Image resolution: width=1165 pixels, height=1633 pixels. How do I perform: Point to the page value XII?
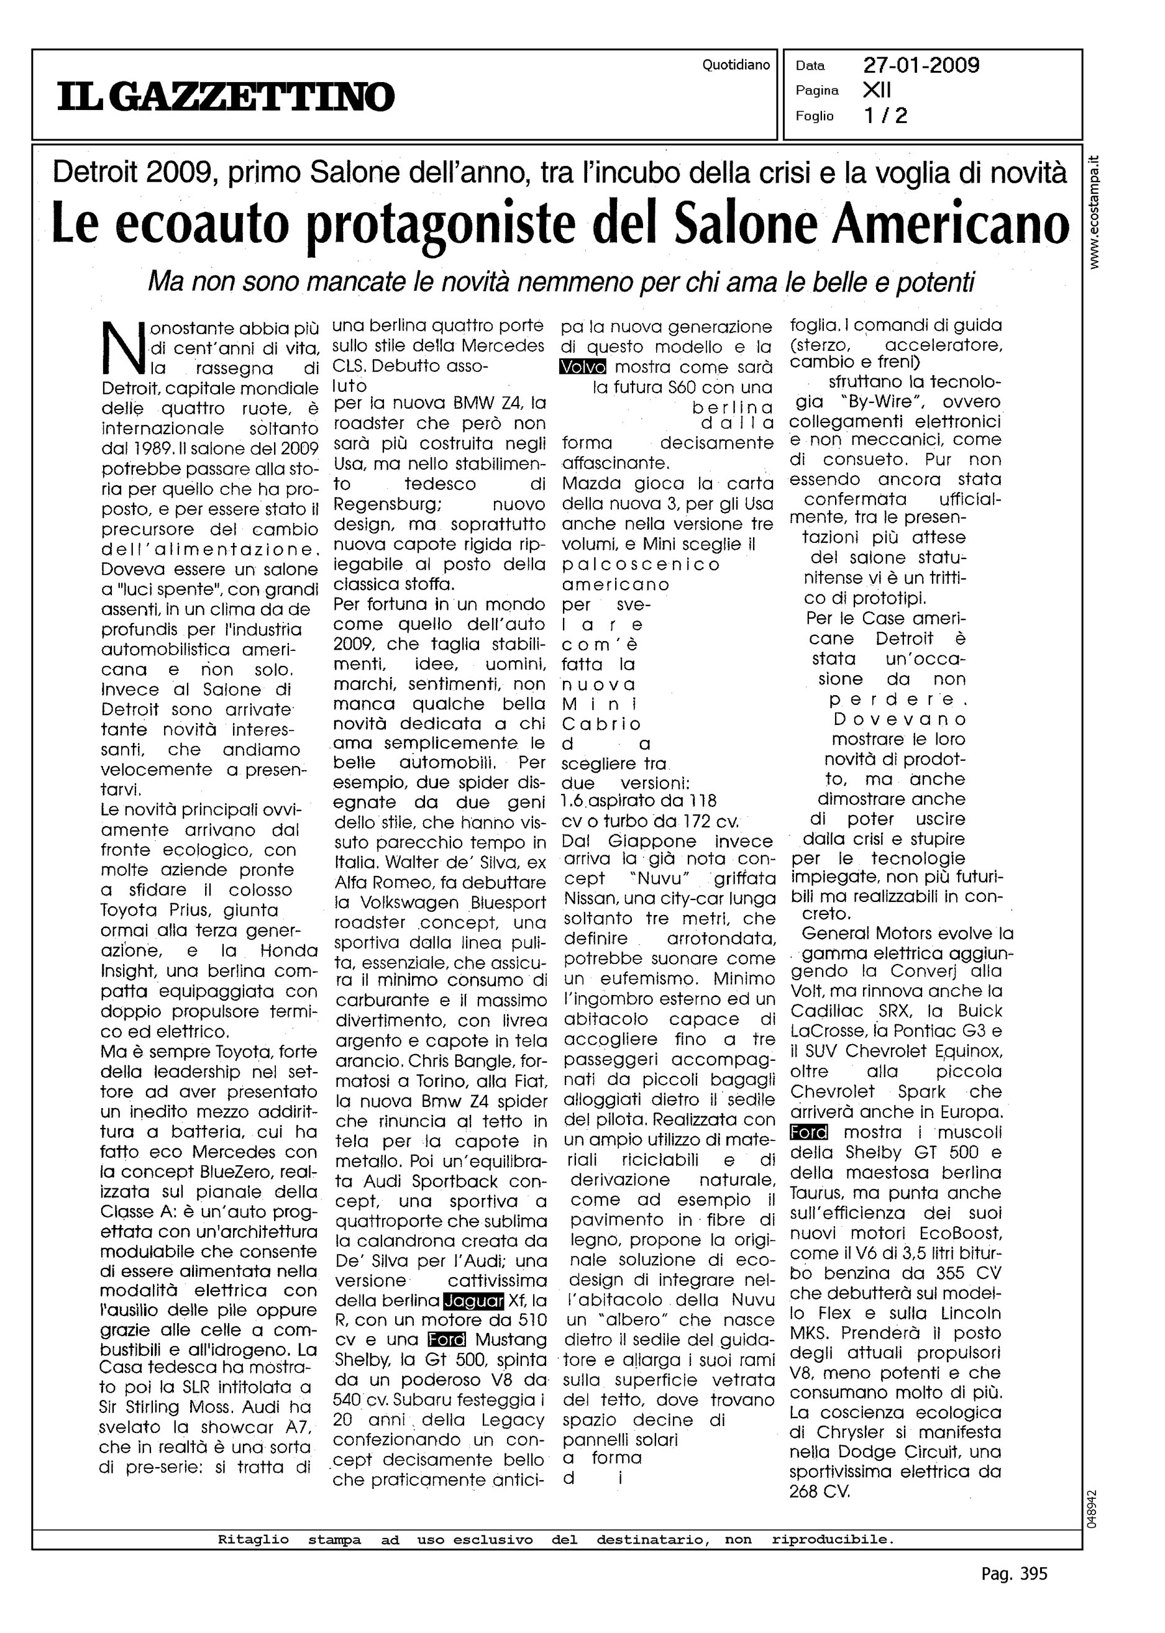(876, 90)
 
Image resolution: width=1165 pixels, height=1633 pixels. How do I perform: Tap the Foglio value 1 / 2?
(885, 116)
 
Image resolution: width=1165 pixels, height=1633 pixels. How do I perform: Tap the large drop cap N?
(124, 348)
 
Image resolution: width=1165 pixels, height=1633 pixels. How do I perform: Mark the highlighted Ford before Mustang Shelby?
(446, 1340)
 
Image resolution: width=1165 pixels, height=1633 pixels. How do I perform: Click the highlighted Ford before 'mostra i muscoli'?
(808, 1132)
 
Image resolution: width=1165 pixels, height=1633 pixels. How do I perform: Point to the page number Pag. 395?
(1013, 1573)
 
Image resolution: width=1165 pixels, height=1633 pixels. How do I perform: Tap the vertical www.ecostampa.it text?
(1094, 212)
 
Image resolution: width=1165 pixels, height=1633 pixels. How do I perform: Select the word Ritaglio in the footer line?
(254, 1539)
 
